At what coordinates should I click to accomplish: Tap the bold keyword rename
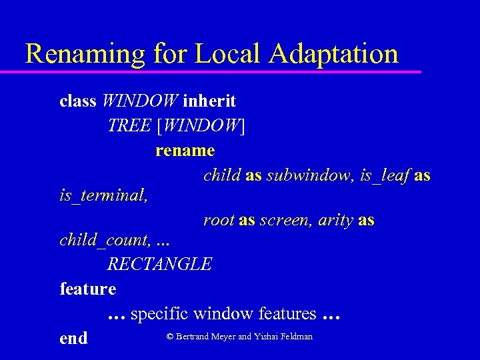[x=185, y=151]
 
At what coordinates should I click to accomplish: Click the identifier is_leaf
[x=384, y=176]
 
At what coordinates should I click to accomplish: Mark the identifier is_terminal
[x=103, y=197]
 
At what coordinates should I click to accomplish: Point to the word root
[x=219, y=220]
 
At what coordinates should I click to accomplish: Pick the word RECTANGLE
[x=160, y=264]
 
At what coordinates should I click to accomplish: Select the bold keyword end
[x=73, y=338]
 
